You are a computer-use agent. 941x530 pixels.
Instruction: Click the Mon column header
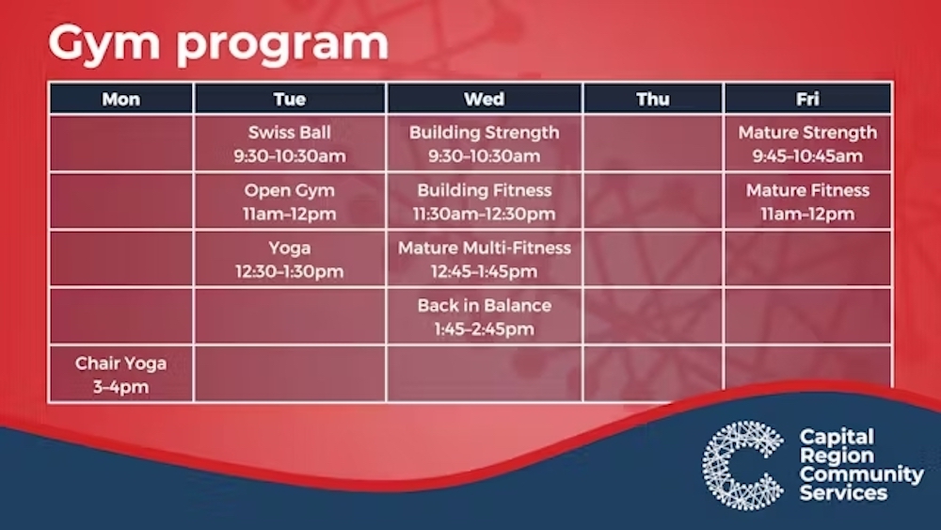121,99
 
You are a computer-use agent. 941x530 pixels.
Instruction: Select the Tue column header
290,99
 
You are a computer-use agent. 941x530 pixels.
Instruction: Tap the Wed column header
485,99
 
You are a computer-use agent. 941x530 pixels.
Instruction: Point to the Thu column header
653,99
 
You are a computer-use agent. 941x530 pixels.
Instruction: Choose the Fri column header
807,99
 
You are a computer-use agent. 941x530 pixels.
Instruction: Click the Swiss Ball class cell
290,143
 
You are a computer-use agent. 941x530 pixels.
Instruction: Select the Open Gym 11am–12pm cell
290,201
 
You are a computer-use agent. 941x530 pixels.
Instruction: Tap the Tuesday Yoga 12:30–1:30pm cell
290,259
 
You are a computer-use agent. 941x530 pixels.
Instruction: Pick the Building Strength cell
485,143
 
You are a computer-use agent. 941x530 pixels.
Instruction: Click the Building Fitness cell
485,201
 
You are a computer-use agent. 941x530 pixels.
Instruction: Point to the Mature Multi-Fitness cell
485,259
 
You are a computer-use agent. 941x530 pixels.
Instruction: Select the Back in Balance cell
485,317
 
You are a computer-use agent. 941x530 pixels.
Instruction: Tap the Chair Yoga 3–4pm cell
121,374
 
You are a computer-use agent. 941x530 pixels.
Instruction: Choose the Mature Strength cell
807,143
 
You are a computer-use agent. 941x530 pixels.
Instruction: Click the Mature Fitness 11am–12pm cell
807,201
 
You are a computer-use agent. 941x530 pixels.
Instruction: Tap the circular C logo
743,465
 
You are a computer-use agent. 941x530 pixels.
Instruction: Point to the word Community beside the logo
861,474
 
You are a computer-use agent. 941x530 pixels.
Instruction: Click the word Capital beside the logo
837,437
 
